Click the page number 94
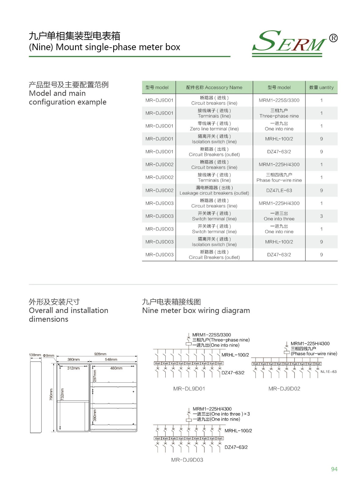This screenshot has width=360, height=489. pyautogui.click(x=334, y=469)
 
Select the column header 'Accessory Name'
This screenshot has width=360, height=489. pyautogui.click(x=214, y=87)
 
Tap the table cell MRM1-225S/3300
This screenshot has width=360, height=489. pyautogui.click(x=279, y=100)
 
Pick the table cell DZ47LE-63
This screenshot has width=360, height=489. pyautogui.click(x=279, y=190)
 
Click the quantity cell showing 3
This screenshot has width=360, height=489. pyautogui.click(x=321, y=216)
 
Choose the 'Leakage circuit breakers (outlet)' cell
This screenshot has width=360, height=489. pyautogui.click(x=214, y=190)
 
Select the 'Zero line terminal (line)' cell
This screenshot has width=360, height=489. pyautogui.click(x=214, y=126)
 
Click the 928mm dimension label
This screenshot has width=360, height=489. pyautogui.click(x=100, y=354)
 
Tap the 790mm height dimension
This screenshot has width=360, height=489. pyautogui.click(x=51, y=394)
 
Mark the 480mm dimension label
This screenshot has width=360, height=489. pyautogui.click(x=116, y=368)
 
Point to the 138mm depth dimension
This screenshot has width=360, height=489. pyautogui.click(x=35, y=355)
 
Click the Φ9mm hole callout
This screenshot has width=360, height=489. pyautogui.click(x=49, y=356)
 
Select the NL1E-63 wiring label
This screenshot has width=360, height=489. pyautogui.click(x=328, y=372)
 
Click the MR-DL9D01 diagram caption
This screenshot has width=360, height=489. pyautogui.click(x=189, y=389)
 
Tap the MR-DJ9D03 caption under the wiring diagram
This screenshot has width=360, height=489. pyautogui.click(x=187, y=460)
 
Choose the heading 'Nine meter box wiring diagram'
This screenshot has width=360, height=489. pyautogui.click(x=196, y=311)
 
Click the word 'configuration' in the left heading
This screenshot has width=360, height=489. pyautogui.click(x=51, y=102)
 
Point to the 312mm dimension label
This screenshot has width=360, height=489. pyautogui.click(x=73, y=368)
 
